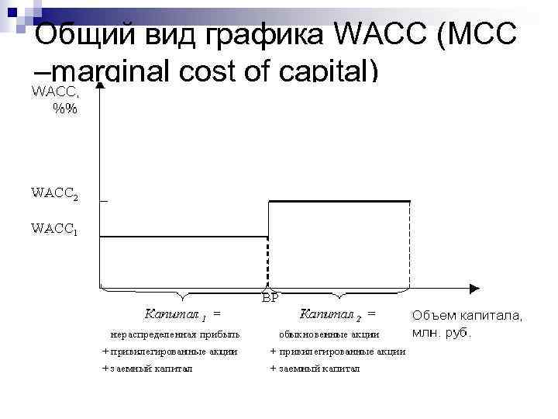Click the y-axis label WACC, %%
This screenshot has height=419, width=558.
[54, 99]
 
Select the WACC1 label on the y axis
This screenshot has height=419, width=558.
[53, 230]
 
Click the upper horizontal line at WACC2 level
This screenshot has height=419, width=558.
[339, 201]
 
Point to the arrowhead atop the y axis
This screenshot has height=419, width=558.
[100, 80]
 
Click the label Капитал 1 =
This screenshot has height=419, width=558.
[182, 314]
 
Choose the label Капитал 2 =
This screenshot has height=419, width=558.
[338, 314]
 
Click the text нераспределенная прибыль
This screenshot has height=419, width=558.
[175, 334]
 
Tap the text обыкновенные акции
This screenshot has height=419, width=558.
[329, 334]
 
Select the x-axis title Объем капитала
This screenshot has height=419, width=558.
[467, 316]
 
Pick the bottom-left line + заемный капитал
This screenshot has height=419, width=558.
[148, 369]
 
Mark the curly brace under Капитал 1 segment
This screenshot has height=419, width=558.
[183, 295]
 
